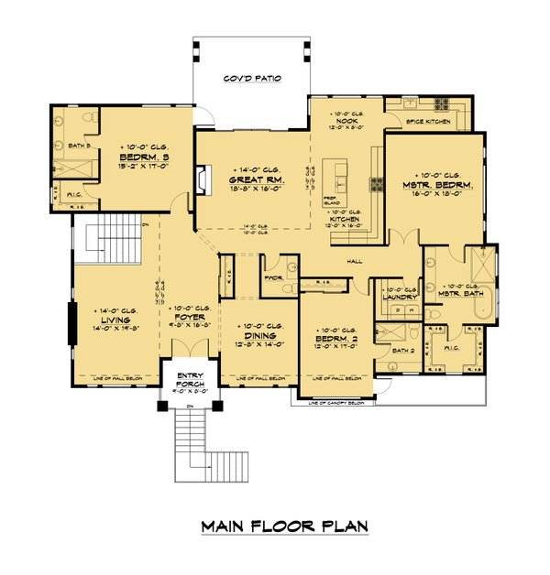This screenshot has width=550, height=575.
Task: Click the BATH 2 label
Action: click(x=404, y=350)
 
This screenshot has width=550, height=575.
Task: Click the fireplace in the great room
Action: click(x=202, y=179)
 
